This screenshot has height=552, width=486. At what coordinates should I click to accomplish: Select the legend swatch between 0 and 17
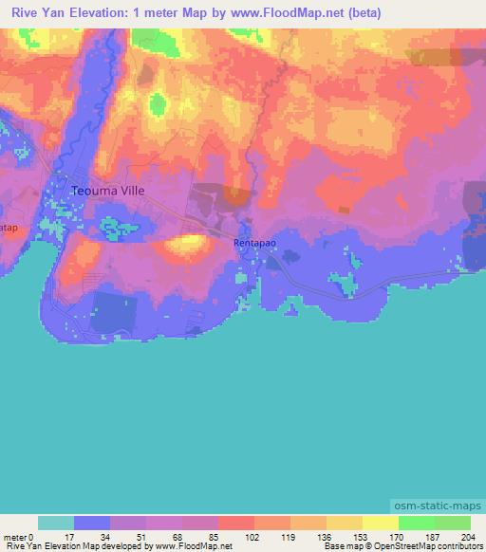(x=56, y=523)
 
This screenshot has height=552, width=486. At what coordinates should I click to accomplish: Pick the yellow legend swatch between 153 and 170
(x=380, y=523)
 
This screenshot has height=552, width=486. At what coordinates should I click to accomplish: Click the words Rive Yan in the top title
(x=33, y=12)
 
